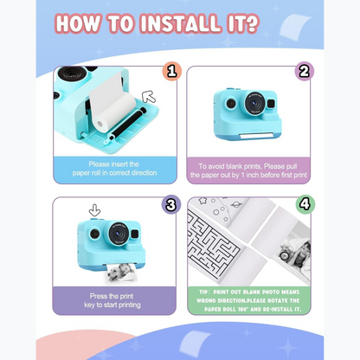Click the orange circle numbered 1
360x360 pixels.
tap(172, 71)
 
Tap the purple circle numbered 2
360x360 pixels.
tap(305, 71)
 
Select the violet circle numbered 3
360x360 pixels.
tap(171, 204)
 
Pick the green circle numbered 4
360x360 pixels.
tap(305, 204)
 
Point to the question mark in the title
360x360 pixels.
tap(248, 23)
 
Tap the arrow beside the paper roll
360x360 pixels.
tap(149, 96)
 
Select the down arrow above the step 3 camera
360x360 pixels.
tap(94, 210)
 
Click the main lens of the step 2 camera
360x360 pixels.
tap(255, 103)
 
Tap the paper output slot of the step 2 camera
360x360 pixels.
tap(255, 135)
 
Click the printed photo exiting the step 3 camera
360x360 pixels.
tap(122, 273)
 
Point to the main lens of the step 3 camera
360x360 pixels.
tap(119, 234)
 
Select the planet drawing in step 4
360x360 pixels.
tap(236, 204)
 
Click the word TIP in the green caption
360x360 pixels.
tap(203, 292)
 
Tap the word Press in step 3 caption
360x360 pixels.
tap(99, 296)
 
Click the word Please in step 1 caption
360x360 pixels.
tap(100, 164)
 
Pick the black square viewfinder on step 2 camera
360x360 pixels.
tap(271, 103)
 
